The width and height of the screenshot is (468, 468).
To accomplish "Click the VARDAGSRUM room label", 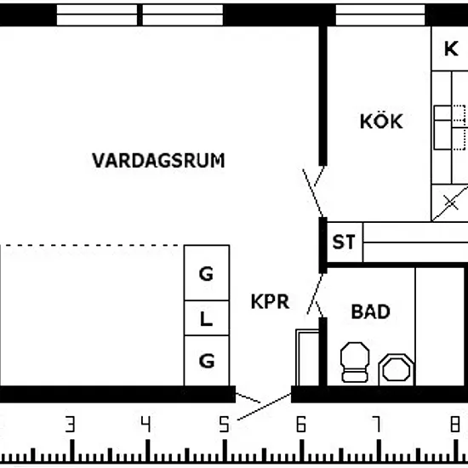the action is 158,161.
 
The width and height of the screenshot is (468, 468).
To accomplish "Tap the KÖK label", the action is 381,121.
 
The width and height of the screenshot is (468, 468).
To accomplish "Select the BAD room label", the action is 371,311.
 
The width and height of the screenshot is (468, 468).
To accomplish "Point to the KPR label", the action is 270,301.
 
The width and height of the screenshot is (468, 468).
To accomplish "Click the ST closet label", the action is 344,242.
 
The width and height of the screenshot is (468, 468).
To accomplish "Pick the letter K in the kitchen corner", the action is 451,49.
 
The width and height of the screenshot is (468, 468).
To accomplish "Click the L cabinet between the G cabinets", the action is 207,318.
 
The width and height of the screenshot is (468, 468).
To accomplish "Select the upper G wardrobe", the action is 207,273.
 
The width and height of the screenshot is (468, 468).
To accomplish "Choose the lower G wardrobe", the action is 207,361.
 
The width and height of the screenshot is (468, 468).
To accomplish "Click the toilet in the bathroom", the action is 355,362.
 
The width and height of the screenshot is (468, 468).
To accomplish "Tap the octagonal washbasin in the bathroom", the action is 397,370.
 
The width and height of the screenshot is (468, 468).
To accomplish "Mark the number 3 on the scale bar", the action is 70,424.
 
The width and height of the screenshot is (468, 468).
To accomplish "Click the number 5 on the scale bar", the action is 224,424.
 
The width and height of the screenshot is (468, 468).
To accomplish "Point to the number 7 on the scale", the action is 377,424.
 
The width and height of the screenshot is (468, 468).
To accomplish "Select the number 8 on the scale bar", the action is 455,424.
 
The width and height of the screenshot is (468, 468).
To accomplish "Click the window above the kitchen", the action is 380,14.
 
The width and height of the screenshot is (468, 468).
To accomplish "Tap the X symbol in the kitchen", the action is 451,203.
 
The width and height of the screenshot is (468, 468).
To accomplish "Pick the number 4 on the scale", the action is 146,424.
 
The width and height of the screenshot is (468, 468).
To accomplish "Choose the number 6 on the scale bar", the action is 301,424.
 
